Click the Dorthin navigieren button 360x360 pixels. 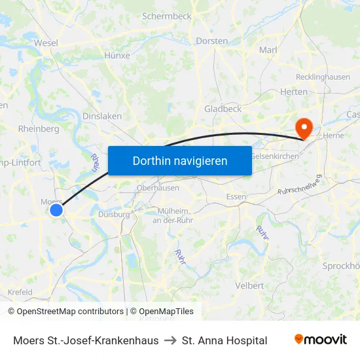click(180, 160)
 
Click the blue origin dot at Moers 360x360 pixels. click(57, 209)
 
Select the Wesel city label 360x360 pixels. click(46, 43)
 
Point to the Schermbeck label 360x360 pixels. click(166, 15)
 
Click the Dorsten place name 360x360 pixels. click(211, 41)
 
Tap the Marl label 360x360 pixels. click(268, 50)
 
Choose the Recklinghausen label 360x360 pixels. click(323, 77)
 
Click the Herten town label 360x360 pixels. click(293, 92)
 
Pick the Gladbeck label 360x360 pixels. click(223, 109)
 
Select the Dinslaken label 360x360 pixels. click(102, 116)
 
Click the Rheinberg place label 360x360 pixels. click(39, 129)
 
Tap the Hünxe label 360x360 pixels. click(117, 56)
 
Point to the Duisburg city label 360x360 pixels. click(114, 213)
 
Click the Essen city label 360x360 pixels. click(236, 196)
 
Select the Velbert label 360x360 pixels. click(249, 285)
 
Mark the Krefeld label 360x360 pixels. click(20, 292)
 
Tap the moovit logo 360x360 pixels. click(321, 340)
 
